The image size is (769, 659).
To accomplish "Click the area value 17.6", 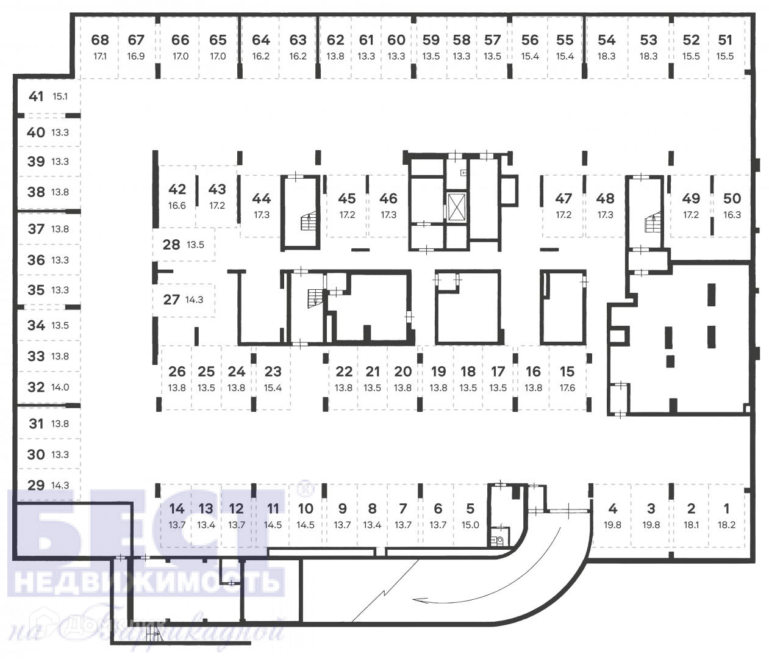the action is pyautogui.click(x=567, y=387).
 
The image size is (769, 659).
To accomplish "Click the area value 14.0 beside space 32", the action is pyautogui.click(x=60, y=387).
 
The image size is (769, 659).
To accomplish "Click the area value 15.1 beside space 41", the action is pyautogui.click(x=60, y=96).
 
